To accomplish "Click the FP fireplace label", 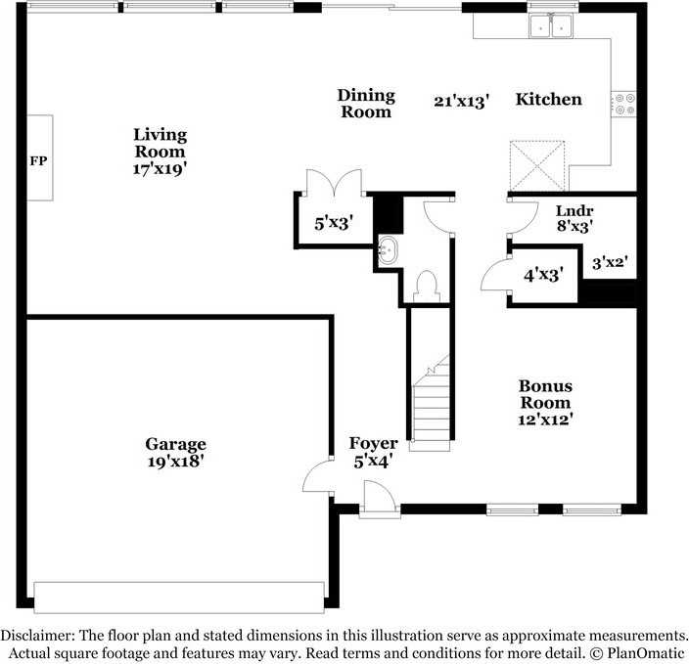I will coord(38,159).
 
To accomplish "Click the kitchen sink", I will coord(551,27).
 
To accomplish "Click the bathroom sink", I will coord(389,250).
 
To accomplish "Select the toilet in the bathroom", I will coord(426,285).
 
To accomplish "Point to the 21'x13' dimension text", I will coord(461,100).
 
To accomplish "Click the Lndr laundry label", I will coord(574,210).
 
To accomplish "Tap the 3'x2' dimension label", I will coord(609,262).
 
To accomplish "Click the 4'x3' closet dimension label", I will coord(543,275).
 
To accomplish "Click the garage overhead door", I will coord(179,597).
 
